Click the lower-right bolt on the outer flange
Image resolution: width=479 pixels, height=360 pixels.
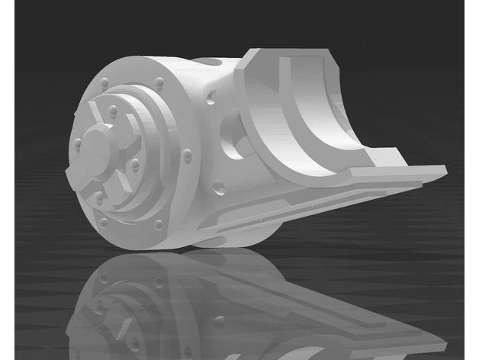(158, 224)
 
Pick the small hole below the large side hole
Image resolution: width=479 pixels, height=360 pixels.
(219, 185)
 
